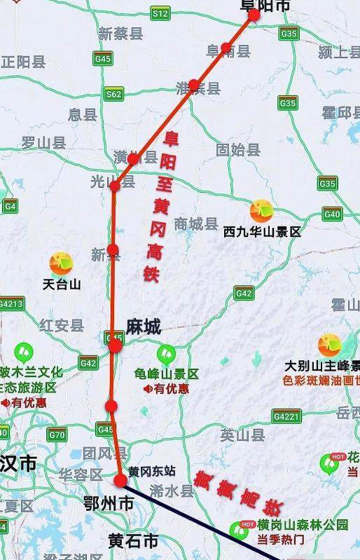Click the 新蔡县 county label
point(120,34)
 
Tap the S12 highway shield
point(161,13)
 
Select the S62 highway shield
point(113,94)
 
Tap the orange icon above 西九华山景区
point(261,210)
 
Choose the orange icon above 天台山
point(61,263)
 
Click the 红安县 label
point(62,325)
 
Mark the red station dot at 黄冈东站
point(120,480)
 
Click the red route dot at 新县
point(113,250)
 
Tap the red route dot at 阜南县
point(226,48)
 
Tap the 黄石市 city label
point(133,541)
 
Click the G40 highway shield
point(332,214)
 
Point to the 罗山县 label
point(43,143)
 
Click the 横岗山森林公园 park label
point(303,525)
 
